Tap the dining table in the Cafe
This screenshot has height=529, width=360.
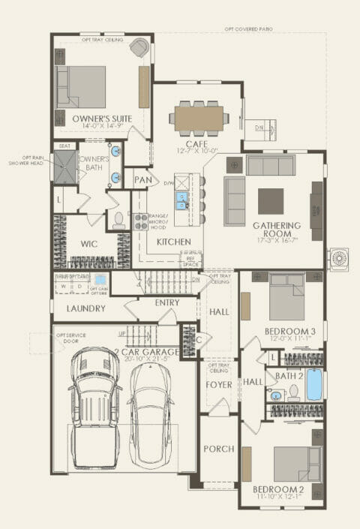coord(199,118)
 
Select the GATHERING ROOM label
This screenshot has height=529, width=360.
coord(276,226)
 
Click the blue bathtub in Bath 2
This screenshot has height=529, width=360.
coord(314,385)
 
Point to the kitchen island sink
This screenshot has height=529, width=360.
coord(182,200)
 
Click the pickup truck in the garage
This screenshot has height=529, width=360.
coord(94,409)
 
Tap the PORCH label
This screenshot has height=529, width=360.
coord(218,449)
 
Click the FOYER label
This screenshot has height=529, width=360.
coord(219,387)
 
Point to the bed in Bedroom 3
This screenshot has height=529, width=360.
coord(286,297)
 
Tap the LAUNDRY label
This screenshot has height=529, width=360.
coord(84,308)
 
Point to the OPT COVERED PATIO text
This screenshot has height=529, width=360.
coord(247,29)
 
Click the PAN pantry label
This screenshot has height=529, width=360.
coord(142,180)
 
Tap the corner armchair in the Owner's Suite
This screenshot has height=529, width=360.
coord(139,47)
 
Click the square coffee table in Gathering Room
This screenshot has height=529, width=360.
coord(271,201)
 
